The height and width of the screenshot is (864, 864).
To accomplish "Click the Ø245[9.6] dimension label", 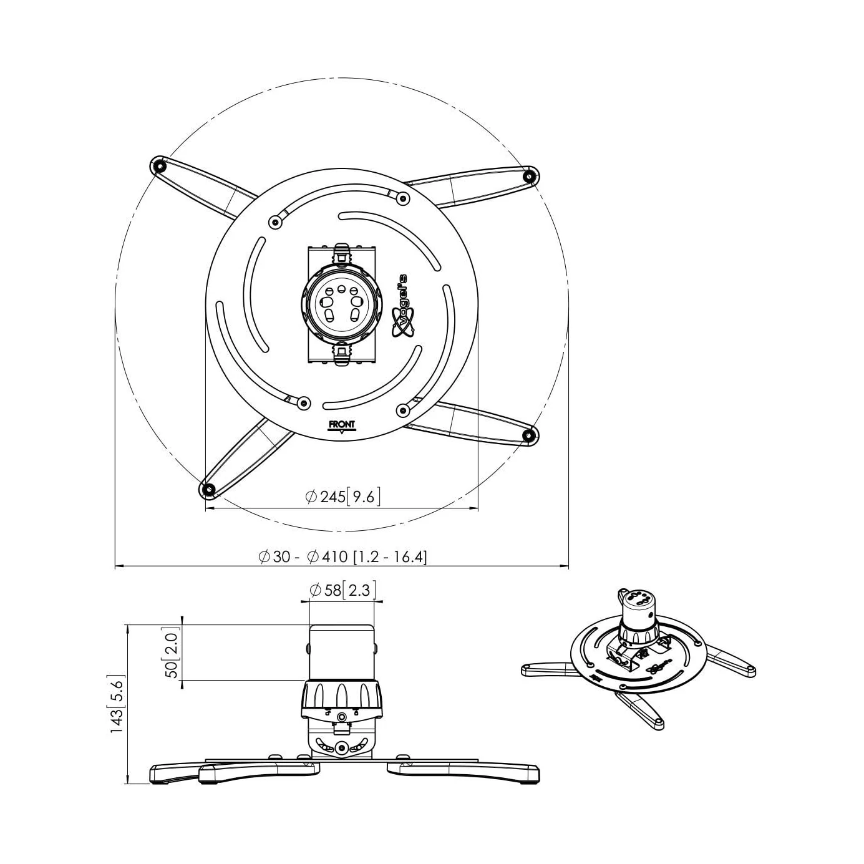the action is [x=342, y=497].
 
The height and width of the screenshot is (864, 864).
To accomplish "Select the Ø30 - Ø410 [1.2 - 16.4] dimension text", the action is [x=342, y=556].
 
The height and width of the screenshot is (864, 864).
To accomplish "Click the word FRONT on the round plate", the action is [x=342, y=424].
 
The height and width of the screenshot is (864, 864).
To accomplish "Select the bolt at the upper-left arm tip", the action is [x=158, y=167].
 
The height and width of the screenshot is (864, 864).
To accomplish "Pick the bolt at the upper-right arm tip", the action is [x=530, y=175].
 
